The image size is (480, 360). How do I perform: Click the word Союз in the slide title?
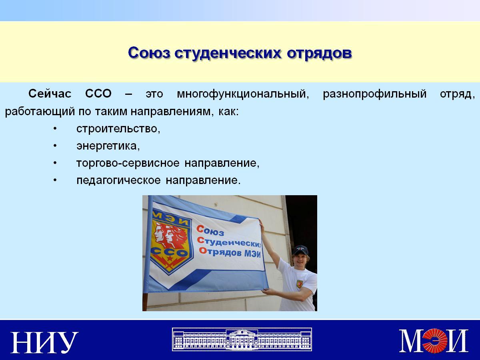point(149,53)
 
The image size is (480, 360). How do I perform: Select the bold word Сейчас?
point(50,94)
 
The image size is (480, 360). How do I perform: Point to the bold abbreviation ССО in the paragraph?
point(98,94)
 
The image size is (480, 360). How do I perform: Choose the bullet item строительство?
point(118,129)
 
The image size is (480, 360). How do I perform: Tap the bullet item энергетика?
point(108,146)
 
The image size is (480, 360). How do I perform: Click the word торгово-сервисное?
point(128,164)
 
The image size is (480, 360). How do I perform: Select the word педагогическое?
point(118,181)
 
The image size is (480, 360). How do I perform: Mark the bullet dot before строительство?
point(55,129)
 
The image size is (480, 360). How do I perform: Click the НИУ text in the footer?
point(44,342)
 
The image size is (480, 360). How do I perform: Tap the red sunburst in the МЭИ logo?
point(434,340)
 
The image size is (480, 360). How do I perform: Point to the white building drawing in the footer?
point(242,339)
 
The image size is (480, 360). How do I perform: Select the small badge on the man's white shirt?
point(299,284)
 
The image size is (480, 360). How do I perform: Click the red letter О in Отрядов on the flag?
point(202,250)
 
